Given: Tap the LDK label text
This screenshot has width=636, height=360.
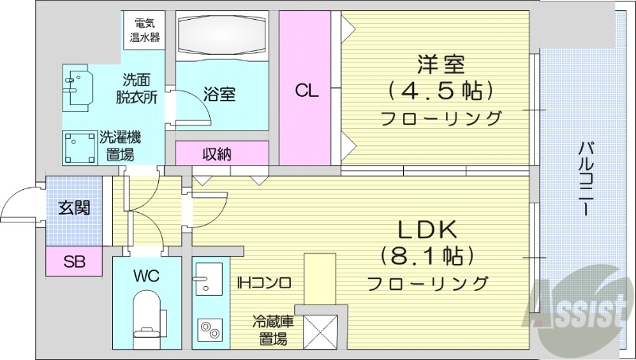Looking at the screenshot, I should click(x=427, y=230).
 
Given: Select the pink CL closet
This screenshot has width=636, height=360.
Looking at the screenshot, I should click(x=307, y=89).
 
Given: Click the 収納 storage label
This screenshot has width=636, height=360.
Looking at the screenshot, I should click(x=216, y=153).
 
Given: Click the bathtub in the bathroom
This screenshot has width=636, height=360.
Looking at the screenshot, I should click(x=221, y=35).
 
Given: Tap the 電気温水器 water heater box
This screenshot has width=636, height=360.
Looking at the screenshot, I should click(x=145, y=29).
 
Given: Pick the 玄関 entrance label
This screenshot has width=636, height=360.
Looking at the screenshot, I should click(x=74, y=208).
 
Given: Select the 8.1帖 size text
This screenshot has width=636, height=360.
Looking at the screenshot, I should click(x=428, y=256).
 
